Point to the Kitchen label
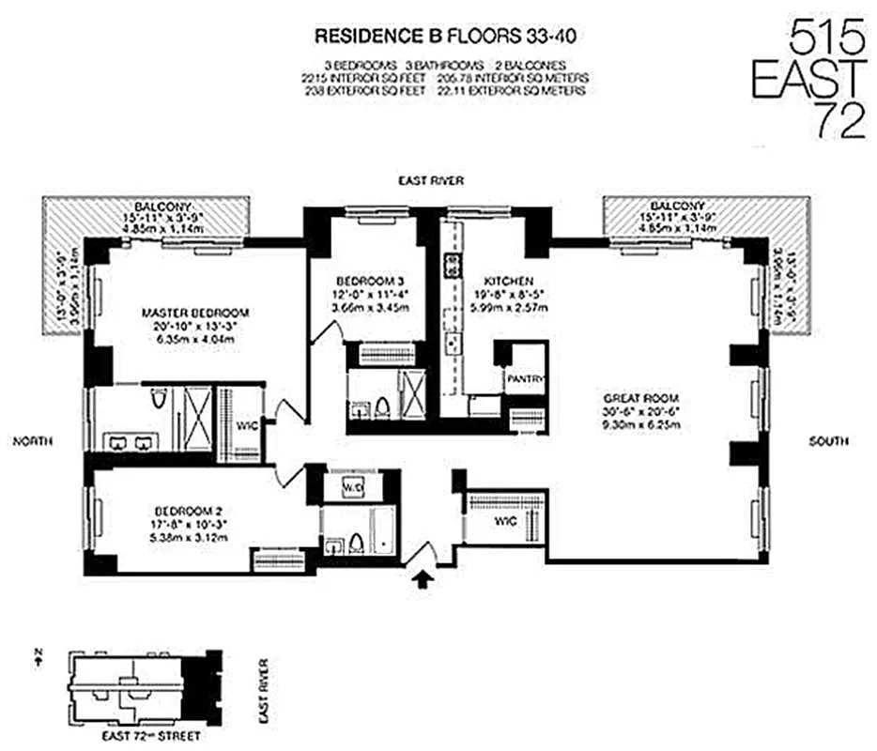(508, 281)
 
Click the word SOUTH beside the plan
(829, 441)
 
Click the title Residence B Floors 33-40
(443, 38)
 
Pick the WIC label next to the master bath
(246, 425)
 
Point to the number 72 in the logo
(839, 120)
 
